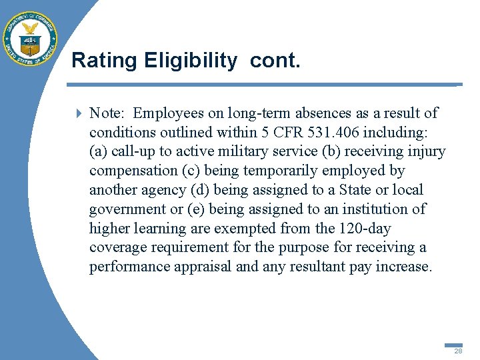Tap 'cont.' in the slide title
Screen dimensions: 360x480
point(276,61)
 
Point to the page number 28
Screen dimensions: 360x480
point(458,351)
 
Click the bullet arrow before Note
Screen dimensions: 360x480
point(79,113)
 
